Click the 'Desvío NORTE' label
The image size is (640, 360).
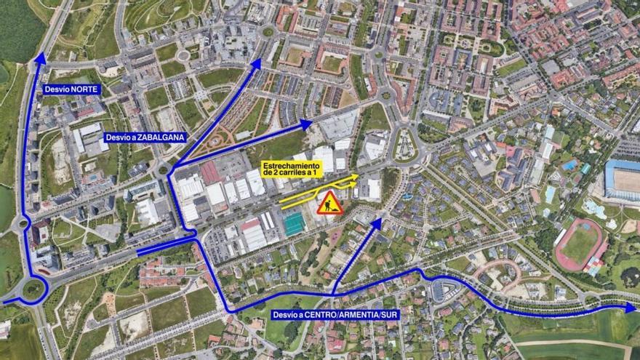[71, 89]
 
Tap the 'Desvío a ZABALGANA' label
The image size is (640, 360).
[145, 137]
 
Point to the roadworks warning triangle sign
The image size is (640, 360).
[330, 203]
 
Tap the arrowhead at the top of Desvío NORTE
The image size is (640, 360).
[40, 58]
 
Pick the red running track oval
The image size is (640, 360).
[579, 244]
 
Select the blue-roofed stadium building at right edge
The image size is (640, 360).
[623, 179]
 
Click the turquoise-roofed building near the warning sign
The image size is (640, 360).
[294, 223]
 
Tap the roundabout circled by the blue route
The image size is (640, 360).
[33, 289]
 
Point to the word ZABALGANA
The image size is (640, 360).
[162, 137]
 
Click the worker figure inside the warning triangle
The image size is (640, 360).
[330, 206]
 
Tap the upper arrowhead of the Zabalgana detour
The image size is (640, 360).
[255, 65]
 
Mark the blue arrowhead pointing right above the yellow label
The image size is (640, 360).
[307, 124]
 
